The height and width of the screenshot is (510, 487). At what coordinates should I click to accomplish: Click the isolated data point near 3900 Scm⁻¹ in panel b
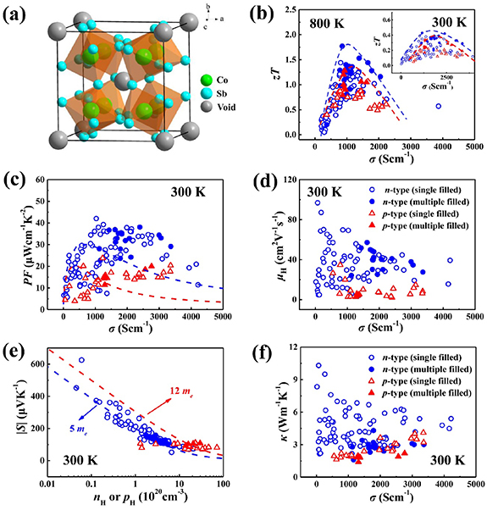[439, 106]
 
